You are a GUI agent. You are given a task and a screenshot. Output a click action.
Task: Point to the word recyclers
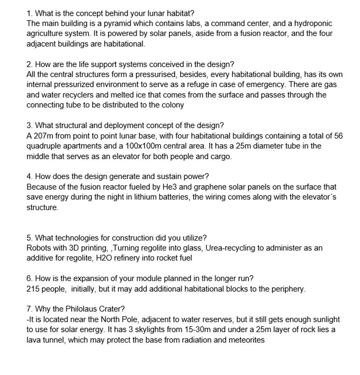[x=80, y=95]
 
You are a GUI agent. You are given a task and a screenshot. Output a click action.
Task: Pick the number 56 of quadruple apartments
[x=338, y=135]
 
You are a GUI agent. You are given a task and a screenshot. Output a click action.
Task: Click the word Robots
[x=39, y=248]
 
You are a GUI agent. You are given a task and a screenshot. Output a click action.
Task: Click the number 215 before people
[x=32, y=289]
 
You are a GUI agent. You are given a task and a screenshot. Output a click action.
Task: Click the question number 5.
[x=29, y=237]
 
